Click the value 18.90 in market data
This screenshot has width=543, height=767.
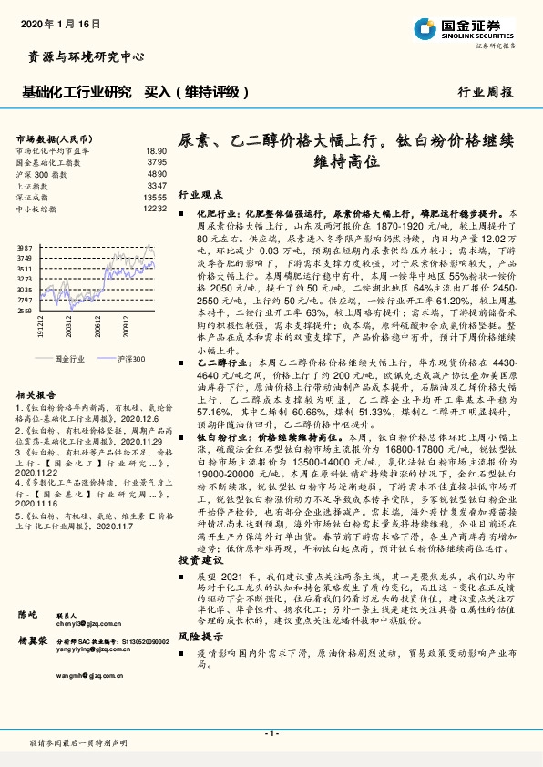coord(156,150)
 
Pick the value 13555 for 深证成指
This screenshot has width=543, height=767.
coord(155,197)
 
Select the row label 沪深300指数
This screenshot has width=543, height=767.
coord(42,173)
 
